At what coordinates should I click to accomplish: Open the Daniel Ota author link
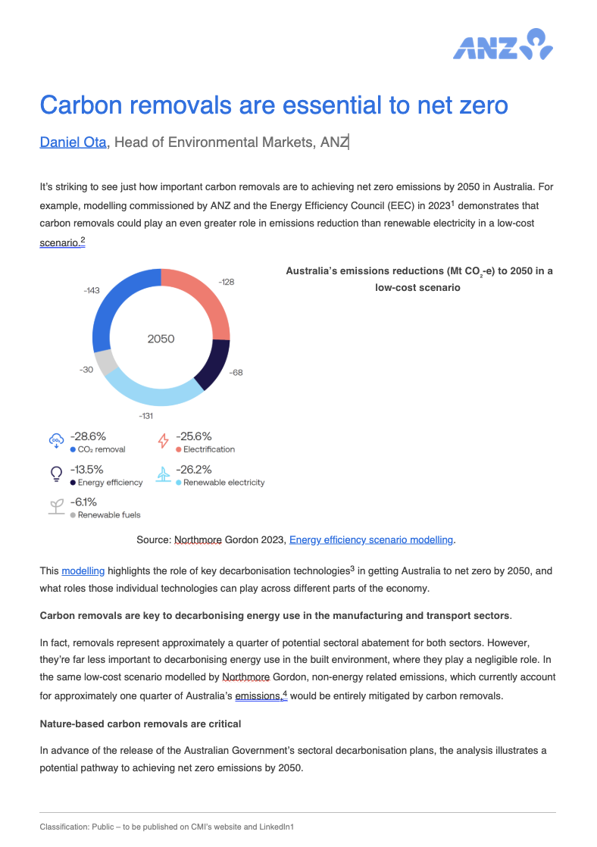[x=73, y=142]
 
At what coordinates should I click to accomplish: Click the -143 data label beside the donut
[x=92, y=290]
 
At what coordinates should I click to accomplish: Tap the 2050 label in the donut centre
[x=161, y=339]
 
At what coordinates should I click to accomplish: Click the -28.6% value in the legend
[x=88, y=436]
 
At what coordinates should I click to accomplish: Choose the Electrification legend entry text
[x=209, y=449]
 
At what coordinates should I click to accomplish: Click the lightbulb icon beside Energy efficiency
[x=56, y=474]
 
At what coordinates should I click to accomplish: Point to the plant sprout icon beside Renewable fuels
[x=56, y=507]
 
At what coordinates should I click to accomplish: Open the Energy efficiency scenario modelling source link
[x=371, y=539]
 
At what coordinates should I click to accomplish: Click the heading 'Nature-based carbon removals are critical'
[x=140, y=724]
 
